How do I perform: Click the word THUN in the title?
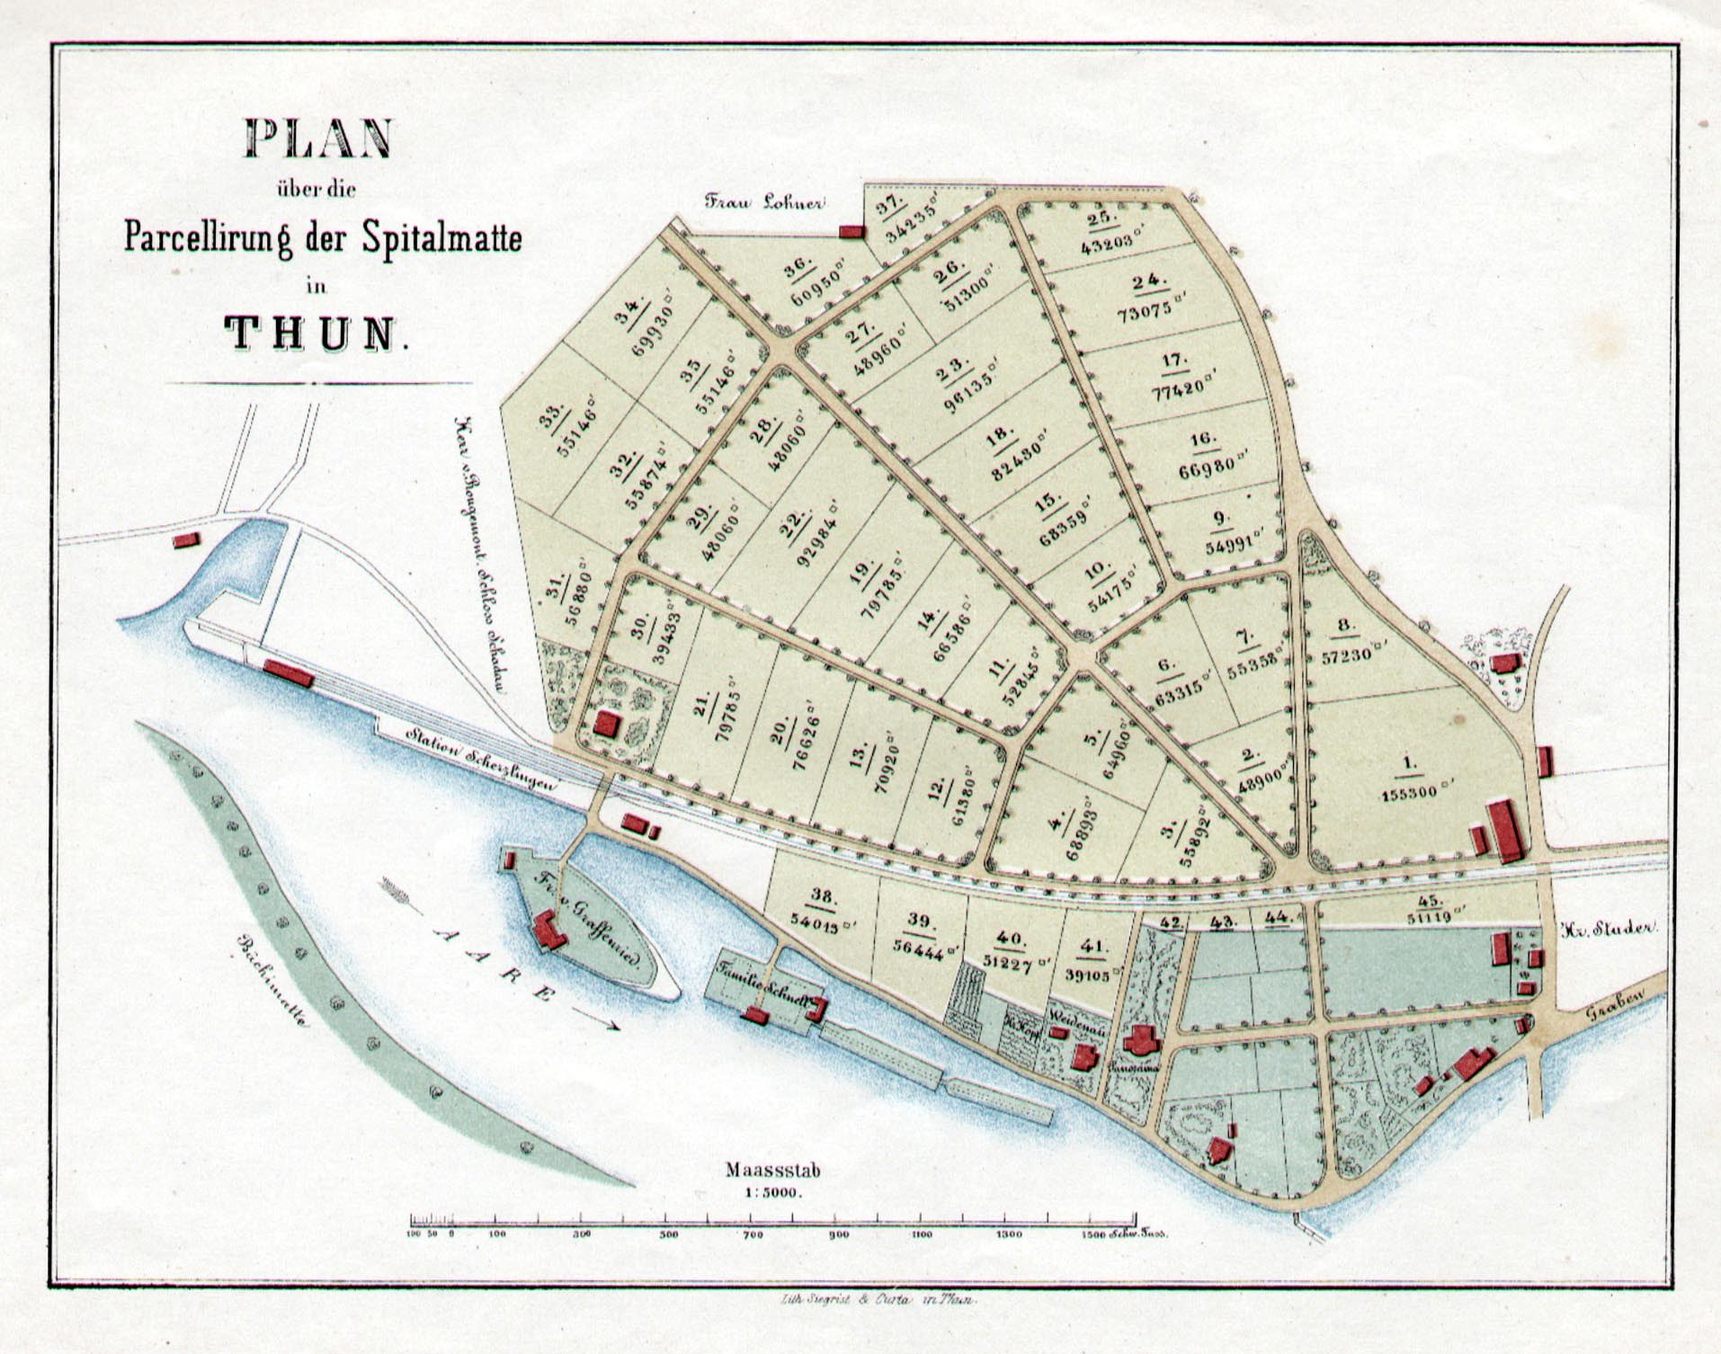(311, 333)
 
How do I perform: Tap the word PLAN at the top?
(318, 138)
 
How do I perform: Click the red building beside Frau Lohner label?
(851, 232)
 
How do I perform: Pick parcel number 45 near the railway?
(1430, 900)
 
